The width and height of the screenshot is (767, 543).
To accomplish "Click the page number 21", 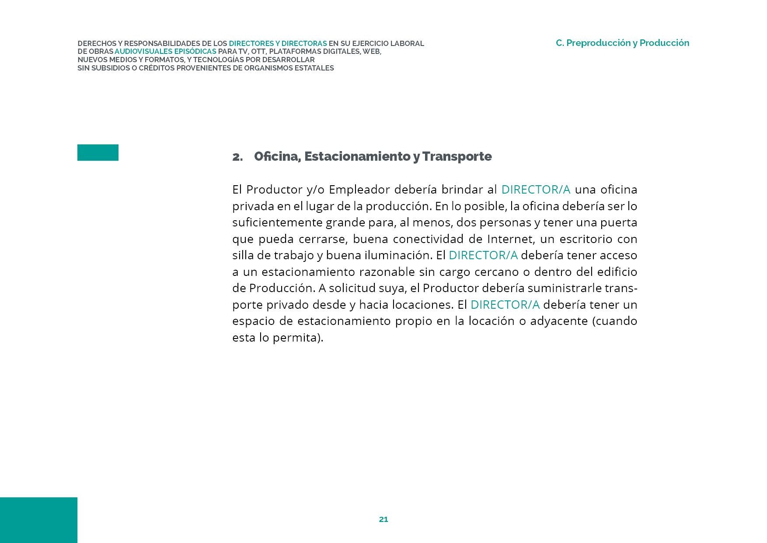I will (383, 519).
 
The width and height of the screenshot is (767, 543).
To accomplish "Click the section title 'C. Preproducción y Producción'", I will (622, 43).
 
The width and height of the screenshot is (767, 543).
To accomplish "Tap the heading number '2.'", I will (237, 157).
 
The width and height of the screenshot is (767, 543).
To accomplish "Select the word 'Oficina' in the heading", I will (276, 156).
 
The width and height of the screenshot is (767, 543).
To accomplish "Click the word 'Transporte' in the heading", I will (457, 156).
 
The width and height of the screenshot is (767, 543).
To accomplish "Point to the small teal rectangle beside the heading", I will (98, 152).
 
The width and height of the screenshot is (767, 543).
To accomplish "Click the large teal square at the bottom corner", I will (38, 520).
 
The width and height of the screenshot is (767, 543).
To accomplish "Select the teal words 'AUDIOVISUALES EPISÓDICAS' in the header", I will (165, 52).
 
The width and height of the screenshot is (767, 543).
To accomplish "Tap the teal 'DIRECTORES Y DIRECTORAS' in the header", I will (278, 43).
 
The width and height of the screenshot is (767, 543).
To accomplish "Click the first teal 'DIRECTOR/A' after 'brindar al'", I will (536, 190).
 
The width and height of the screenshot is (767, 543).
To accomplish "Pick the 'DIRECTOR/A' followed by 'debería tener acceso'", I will (483, 255).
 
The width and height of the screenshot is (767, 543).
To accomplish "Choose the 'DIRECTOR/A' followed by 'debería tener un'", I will (505, 305).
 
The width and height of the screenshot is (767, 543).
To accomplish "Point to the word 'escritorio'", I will (586, 239).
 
